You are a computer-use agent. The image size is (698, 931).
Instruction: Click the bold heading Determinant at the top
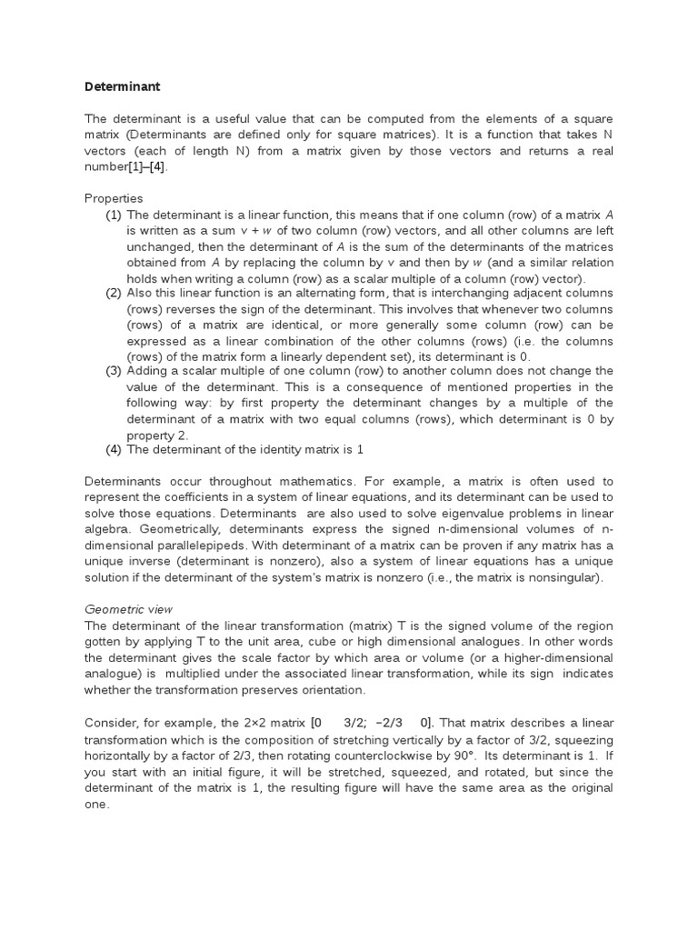123,87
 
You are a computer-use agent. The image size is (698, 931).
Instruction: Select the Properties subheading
114,198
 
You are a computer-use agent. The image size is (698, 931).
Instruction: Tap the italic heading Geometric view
129,608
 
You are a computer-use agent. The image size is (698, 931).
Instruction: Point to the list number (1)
113,215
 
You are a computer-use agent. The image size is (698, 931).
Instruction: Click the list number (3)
113,371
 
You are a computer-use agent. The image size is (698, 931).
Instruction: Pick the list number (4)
113,449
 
